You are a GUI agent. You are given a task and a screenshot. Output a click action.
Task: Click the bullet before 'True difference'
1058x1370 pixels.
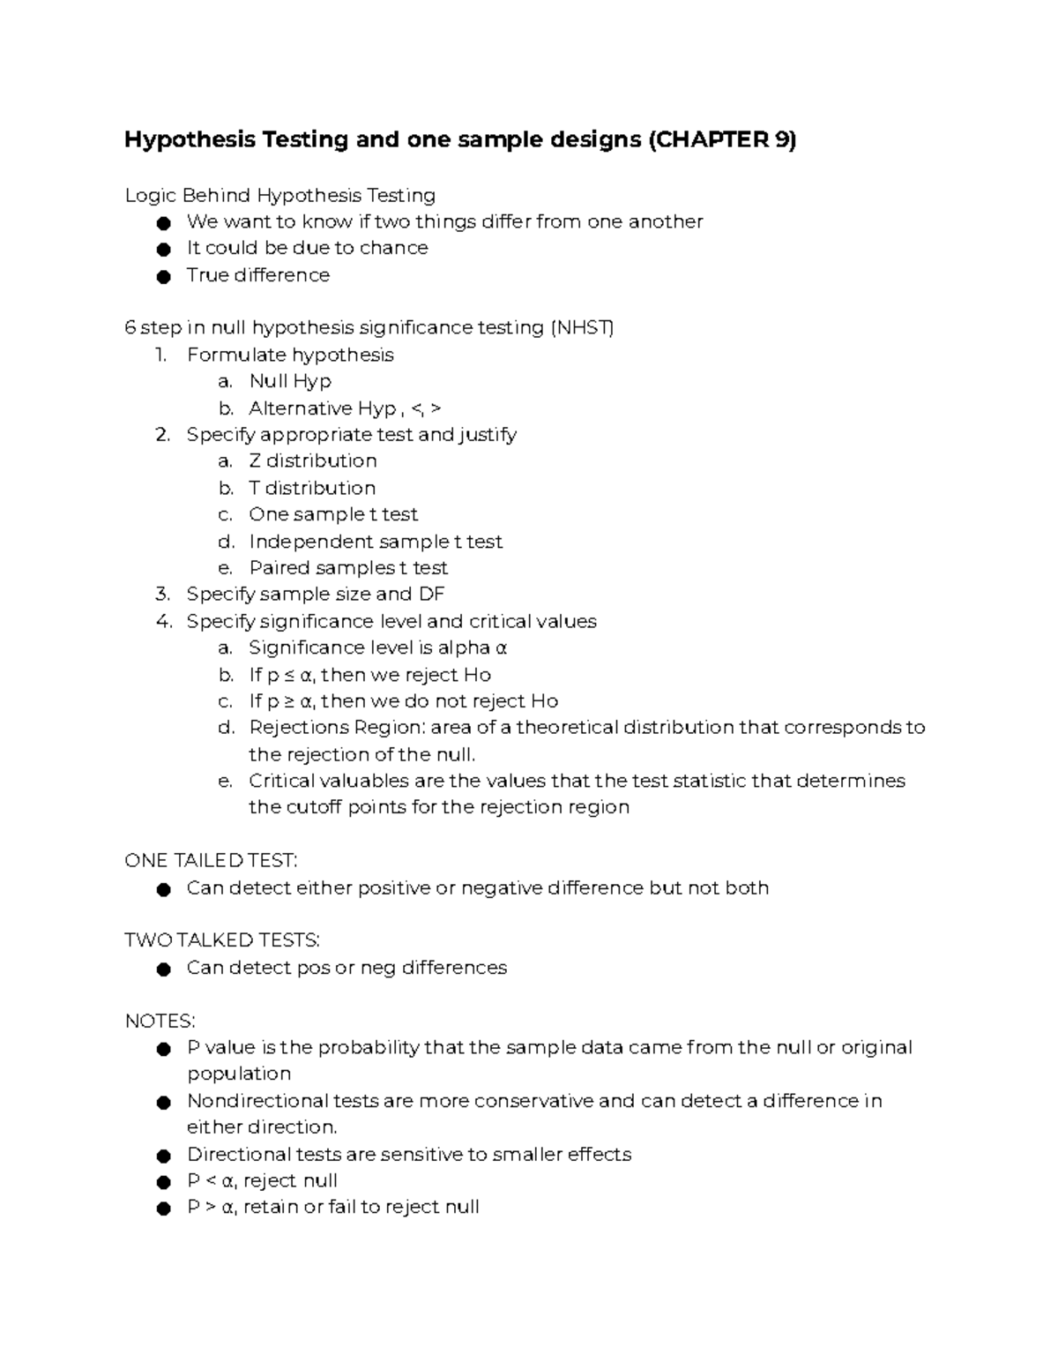click(x=162, y=276)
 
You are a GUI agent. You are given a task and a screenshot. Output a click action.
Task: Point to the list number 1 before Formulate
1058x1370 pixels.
click(x=160, y=355)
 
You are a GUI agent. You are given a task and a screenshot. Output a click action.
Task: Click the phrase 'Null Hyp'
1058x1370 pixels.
click(x=290, y=381)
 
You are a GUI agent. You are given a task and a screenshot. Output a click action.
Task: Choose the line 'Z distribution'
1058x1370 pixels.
click(x=312, y=460)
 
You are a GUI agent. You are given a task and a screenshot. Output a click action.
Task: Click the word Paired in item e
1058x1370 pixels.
click(x=279, y=567)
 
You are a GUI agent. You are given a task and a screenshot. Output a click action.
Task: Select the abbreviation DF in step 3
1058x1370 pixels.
click(x=431, y=594)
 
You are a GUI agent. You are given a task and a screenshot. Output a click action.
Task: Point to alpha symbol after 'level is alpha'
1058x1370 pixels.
click(x=501, y=648)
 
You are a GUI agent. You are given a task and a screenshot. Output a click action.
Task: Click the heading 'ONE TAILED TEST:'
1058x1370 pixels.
click(x=212, y=861)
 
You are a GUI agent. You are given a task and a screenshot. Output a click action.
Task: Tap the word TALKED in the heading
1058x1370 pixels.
click(x=214, y=940)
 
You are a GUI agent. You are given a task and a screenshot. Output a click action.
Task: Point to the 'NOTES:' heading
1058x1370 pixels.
click(x=160, y=1021)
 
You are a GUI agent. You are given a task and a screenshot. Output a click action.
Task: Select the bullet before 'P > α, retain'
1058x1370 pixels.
click(x=162, y=1209)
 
